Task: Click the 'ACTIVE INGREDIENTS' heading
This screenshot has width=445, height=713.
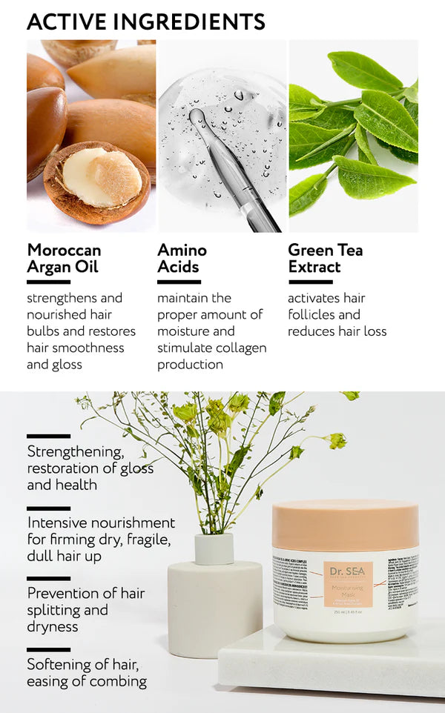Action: pos(145,21)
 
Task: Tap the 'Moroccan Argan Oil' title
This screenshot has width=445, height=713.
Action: pos(64,258)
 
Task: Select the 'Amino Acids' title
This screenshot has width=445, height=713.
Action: pos(182,258)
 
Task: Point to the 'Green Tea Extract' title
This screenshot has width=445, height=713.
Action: pos(325,258)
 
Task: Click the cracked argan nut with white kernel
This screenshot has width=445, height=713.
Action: pos(96,180)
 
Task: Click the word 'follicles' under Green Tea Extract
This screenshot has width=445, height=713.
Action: pos(313,314)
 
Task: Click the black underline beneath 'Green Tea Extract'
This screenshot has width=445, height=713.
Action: pos(310,282)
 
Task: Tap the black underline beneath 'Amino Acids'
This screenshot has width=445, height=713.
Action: pos(179,282)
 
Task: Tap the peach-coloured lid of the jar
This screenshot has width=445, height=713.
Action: pos(345,525)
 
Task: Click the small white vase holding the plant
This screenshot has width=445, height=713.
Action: pos(214,548)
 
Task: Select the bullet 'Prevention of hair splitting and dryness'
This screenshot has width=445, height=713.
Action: pos(85,609)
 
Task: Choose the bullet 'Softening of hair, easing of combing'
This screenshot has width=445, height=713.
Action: pos(86,672)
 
